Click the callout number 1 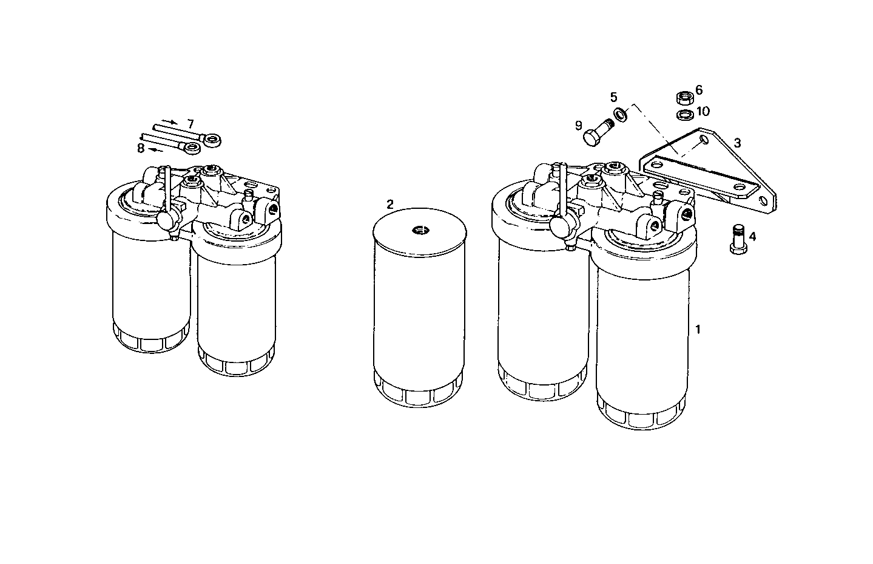698,330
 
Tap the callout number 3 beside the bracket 737,143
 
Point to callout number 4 752,236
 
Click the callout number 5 613,97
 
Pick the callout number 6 699,90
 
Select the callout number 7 190,124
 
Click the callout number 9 578,126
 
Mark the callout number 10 703,111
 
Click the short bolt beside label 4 736,240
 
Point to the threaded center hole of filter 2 419,230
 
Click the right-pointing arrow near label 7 170,121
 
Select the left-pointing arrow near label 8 157,149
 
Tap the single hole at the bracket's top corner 703,140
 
